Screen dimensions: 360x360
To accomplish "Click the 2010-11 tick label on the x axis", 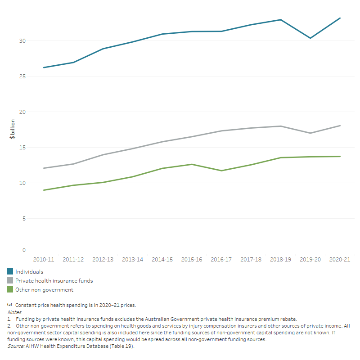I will [44, 260].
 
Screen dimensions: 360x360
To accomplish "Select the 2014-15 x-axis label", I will [162, 260].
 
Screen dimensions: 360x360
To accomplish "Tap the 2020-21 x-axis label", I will [340, 260].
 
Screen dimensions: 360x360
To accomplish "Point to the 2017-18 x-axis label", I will [251, 260].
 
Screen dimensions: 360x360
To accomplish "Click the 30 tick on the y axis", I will [22, 41].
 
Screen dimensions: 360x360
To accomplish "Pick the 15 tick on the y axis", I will [22, 148].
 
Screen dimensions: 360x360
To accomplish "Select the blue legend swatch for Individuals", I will [10, 271].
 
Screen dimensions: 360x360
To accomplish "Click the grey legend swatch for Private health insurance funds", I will [10, 281].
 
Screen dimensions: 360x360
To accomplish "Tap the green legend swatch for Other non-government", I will [10, 290].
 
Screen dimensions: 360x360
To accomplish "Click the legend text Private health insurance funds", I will [54, 281].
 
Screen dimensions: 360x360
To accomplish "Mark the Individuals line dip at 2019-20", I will [310, 38].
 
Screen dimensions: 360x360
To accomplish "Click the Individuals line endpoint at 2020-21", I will [340, 18].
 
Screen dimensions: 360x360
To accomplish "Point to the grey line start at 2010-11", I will [44, 168].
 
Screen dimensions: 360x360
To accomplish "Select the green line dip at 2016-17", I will [221, 171].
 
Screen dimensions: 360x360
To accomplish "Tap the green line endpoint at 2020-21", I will [340, 156].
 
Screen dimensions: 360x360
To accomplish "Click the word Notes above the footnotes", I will [14, 312].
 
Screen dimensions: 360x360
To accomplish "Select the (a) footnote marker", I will [9, 305].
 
